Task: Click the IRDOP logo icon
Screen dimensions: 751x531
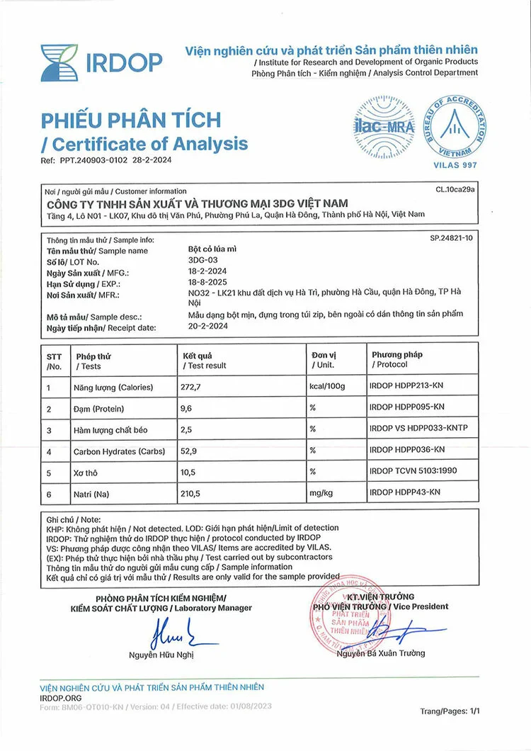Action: click(x=59, y=62)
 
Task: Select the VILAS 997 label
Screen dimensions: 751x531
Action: click(x=455, y=165)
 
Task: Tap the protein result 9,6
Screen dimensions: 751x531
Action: click(x=189, y=409)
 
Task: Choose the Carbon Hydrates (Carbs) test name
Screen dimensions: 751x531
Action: click(x=119, y=451)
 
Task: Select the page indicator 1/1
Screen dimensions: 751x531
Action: click(x=473, y=711)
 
